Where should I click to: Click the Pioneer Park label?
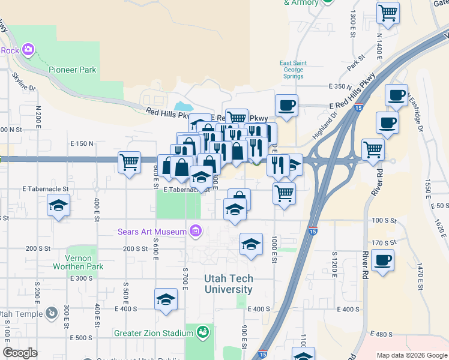[73, 70]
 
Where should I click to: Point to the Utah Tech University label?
[229, 284]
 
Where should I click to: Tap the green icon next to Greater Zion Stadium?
[203, 332]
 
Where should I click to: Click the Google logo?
[20, 353]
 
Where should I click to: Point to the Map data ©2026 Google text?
[412, 355]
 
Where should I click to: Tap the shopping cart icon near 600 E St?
[130, 162]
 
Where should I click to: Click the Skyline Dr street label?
[25, 85]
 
